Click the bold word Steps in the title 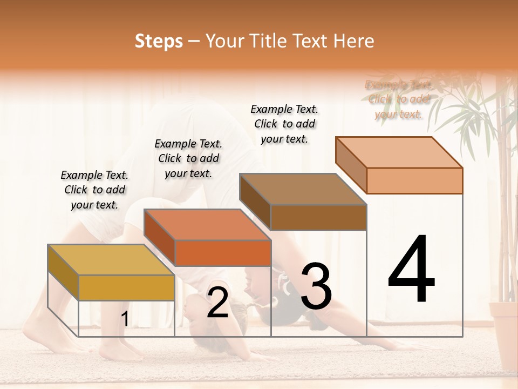159,41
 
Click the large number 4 412,270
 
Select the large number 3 316,286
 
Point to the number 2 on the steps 217,303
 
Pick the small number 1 125,319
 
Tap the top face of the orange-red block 207,224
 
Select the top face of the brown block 303,189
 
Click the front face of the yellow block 126,287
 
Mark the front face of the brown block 318,217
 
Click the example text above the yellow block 94,190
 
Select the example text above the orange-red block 188,158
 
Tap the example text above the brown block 284,124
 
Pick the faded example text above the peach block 399,99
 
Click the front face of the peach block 414,180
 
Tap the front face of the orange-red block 222,253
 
